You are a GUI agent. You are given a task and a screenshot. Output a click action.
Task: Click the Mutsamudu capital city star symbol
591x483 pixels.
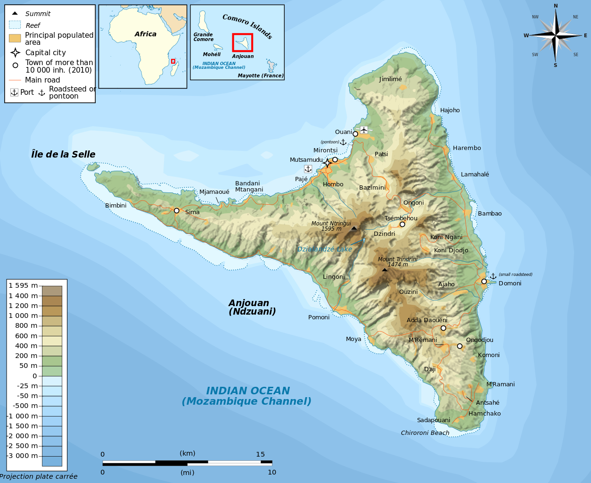pos(328,163)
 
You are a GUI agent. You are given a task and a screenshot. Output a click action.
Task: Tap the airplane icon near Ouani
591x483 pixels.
pos(364,129)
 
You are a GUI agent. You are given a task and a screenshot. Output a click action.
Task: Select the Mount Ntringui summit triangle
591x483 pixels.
pos(354,228)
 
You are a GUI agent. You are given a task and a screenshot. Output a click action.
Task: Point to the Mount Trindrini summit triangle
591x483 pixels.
pos(385,270)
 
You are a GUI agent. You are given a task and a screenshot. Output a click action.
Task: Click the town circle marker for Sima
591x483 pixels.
pos(177,211)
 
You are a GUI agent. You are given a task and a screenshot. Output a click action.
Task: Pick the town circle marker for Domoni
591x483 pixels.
pos(484,282)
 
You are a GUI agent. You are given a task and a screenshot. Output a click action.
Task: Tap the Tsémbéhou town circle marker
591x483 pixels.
pos(402,225)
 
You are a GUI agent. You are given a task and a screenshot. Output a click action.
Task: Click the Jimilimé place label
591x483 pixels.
pos(390,79)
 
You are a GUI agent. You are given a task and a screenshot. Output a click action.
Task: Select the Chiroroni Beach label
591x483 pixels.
pos(425,433)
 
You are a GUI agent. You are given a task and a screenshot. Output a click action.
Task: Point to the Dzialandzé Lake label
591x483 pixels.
pos(324,250)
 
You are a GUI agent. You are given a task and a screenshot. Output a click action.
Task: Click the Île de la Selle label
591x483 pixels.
pos(63,155)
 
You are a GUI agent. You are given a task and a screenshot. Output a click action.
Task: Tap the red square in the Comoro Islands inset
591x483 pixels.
pos(242,42)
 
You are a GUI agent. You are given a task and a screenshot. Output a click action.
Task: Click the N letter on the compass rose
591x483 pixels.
pos(556,6)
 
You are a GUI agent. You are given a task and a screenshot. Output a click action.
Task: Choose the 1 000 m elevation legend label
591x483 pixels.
pos(23,316)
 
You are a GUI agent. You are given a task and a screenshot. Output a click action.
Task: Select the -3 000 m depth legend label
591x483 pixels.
pos(23,456)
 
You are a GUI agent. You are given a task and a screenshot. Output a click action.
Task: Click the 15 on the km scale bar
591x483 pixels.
pos(260,455)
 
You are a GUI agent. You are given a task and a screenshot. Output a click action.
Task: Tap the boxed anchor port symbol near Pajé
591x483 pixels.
pos(308,169)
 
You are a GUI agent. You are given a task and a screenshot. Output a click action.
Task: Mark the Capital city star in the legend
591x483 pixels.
pos(16,52)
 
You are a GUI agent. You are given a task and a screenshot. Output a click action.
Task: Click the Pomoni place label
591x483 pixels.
pos(319,317)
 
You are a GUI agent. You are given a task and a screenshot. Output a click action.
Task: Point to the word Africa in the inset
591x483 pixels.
pos(145,34)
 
